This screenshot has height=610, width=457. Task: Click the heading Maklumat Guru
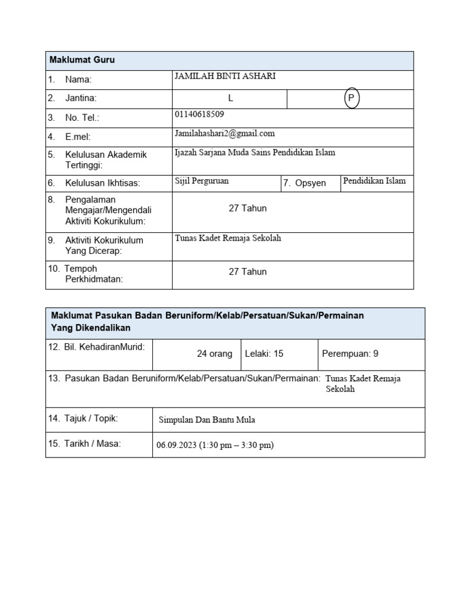[82, 60]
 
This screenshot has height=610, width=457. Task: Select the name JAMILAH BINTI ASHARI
[225, 77]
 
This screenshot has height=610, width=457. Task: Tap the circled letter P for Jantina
[352, 99]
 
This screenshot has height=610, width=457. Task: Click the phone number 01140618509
[199, 114]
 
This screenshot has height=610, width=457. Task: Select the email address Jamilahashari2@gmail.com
[224, 133]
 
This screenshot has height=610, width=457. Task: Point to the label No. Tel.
[82, 118]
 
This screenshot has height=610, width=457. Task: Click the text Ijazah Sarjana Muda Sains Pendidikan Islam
[255, 152]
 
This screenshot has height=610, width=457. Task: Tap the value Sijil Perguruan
[201, 181]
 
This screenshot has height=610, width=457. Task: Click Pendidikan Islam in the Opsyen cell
[374, 181]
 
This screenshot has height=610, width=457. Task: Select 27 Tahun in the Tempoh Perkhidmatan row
[248, 272]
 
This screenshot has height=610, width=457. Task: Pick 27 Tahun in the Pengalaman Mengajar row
[248, 208]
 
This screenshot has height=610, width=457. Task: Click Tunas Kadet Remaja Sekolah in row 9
[227, 238]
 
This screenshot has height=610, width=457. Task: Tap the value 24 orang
[214, 354]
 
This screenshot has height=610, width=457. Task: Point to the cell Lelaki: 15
[264, 354]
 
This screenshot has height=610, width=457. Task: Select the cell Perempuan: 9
[350, 354]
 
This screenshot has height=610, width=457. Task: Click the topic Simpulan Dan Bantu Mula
[206, 420]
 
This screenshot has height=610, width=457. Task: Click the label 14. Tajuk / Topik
[83, 419]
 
